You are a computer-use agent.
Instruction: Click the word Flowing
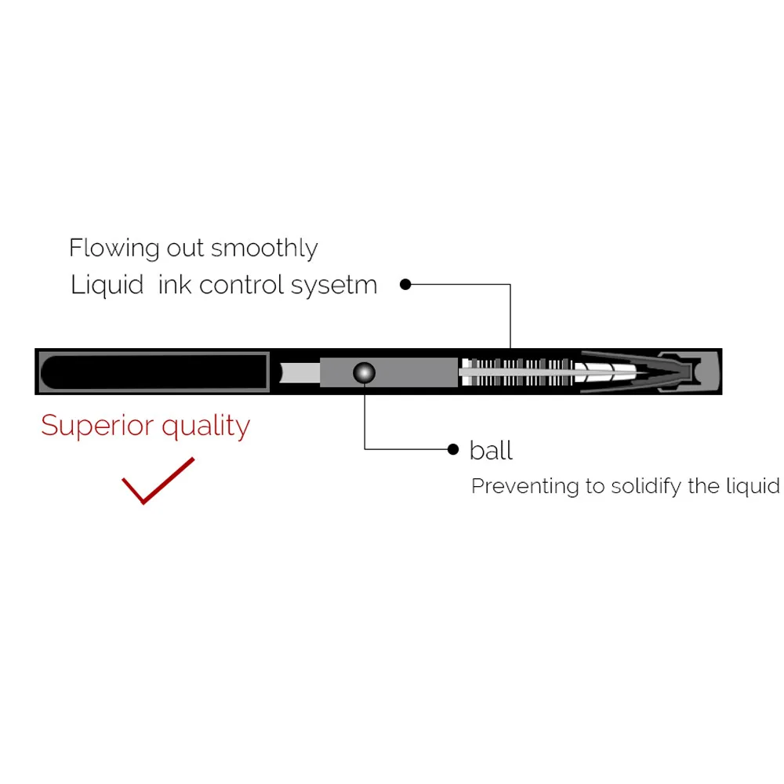(x=114, y=249)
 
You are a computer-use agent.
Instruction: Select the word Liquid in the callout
(x=107, y=285)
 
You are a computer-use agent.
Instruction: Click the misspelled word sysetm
(x=334, y=286)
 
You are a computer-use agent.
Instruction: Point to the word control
(x=242, y=285)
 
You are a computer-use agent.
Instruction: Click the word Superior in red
(x=97, y=426)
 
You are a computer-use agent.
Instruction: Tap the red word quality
(x=205, y=427)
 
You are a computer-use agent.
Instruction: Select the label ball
(x=491, y=451)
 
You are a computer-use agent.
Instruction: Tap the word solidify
(x=646, y=487)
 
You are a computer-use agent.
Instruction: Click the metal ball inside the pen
(x=364, y=373)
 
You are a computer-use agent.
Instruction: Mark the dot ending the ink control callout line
(x=405, y=285)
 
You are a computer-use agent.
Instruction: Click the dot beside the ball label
(x=453, y=449)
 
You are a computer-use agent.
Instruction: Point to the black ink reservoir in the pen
(x=154, y=372)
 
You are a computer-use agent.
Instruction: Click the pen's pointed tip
(x=691, y=372)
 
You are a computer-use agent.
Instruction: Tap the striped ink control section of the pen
(x=517, y=372)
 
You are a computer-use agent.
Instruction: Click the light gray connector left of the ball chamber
(x=300, y=373)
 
